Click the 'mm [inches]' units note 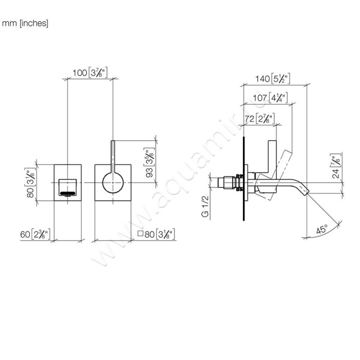[x=25, y=23]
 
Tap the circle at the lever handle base [x=112, y=183]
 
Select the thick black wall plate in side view [x=243, y=180]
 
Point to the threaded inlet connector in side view [x=228, y=183]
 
